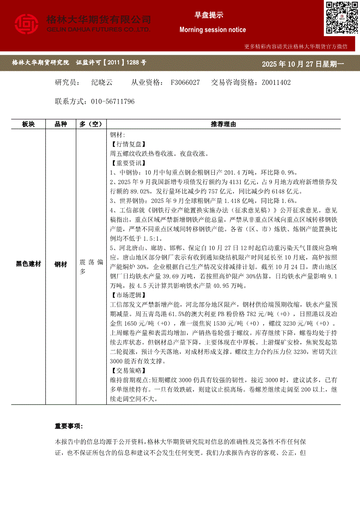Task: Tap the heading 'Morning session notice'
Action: tap(213, 30)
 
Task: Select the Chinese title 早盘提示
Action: tap(209, 15)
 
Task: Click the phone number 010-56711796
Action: tap(113, 101)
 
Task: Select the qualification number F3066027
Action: tap(185, 82)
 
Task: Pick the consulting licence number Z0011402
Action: tap(276, 82)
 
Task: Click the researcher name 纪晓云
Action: tap(102, 82)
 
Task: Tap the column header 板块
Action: tap(28, 124)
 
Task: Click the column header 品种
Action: tap(61, 124)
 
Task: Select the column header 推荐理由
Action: tap(224, 124)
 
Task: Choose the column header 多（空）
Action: tap(91, 124)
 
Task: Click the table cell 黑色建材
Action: tap(28, 264)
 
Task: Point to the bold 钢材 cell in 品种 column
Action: tap(61, 264)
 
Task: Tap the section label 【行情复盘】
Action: tap(128, 144)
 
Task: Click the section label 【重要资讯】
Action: tap(128, 163)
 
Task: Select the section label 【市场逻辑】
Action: tap(128, 295)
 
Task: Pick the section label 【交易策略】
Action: tap(128, 371)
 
